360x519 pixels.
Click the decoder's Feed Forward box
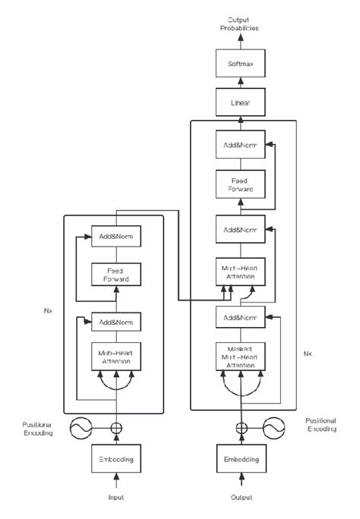242,185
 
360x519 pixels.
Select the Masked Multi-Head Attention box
242,357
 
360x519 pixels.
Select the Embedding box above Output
242,460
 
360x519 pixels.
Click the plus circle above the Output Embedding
242,427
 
